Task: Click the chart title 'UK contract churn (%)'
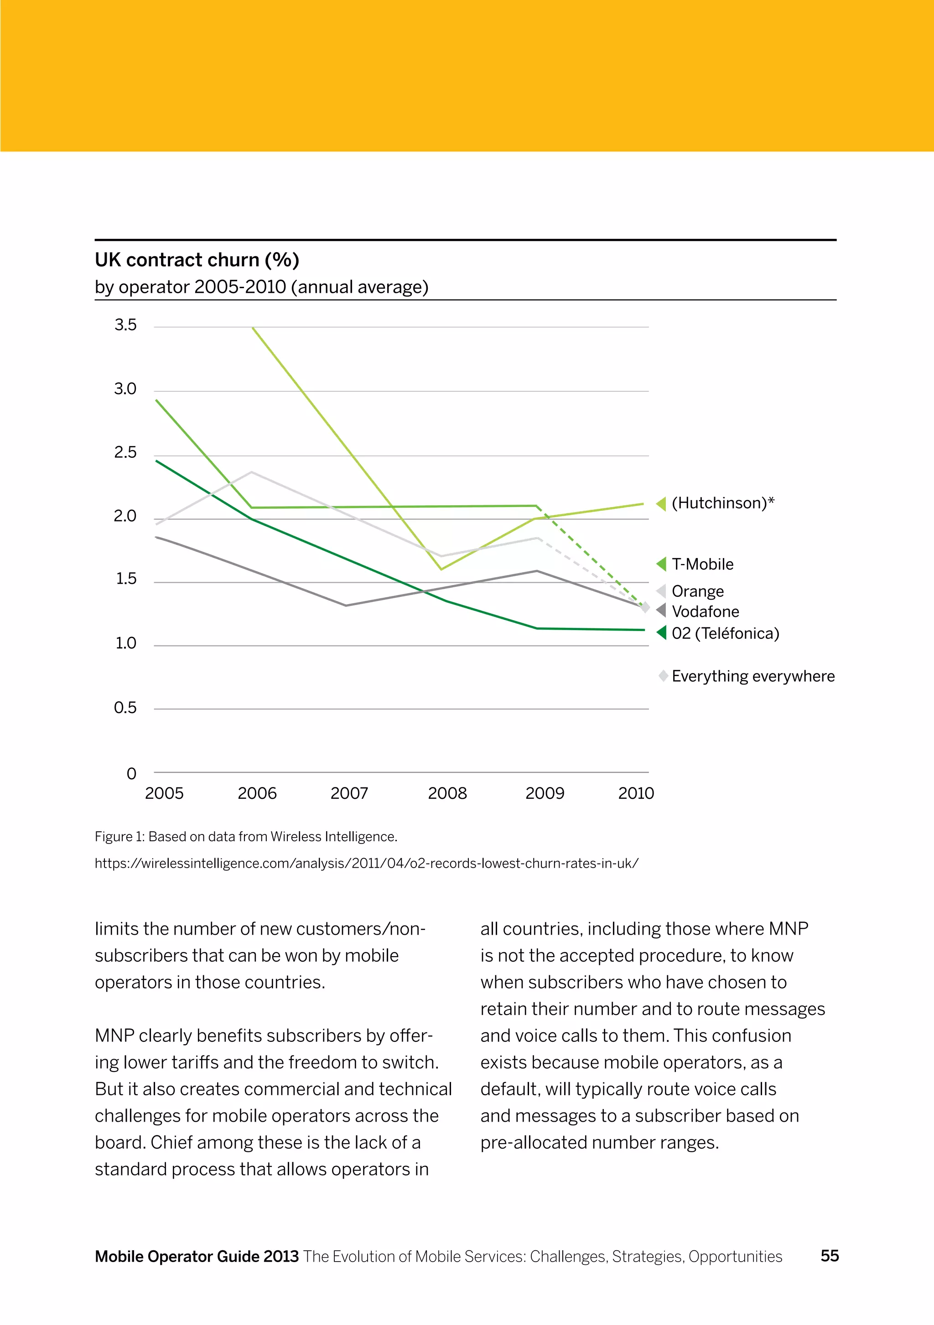coord(197,260)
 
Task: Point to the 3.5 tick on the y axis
coord(125,325)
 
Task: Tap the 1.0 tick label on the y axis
coord(125,643)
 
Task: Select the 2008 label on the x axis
coord(447,793)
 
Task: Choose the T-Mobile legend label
coord(702,564)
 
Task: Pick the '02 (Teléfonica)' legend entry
coord(725,634)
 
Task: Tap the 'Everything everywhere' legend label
coord(753,676)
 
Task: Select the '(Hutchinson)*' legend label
coord(723,503)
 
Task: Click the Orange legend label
coord(697,591)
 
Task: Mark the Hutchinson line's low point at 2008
coord(441,569)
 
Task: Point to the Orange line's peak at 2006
coord(252,472)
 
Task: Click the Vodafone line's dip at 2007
coord(346,606)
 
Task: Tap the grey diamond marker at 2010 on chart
coord(645,608)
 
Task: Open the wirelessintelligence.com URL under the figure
coord(367,864)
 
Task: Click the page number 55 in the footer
coord(830,1256)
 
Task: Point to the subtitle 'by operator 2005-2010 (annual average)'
coord(261,287)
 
